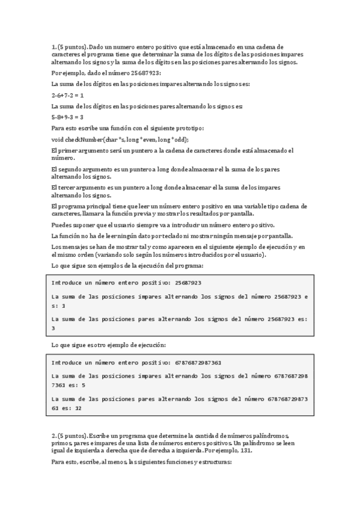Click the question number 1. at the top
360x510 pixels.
pyautogui.click(x=54, y=46)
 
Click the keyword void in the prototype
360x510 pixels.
pyautogui.click(x=58, y=140)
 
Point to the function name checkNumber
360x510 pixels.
pyautogui.click(x=85, y=140)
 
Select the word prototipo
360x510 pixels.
pyautogui.click(x=191, y=129)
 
